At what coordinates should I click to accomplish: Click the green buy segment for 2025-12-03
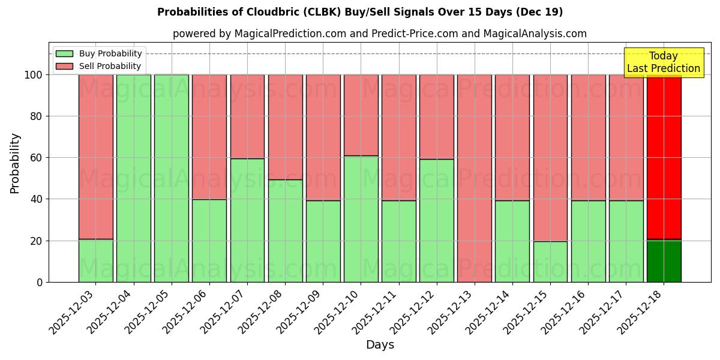point(95,260)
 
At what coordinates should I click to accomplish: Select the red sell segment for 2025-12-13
point(475,178)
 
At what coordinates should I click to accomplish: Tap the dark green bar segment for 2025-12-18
point(664,261)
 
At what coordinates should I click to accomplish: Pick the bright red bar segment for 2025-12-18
point(664,157)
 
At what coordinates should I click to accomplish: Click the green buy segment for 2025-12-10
point(361,219)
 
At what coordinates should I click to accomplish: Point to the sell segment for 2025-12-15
point(550,158)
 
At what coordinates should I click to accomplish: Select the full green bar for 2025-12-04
point(134,178)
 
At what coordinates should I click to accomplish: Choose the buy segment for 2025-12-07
point(247,220)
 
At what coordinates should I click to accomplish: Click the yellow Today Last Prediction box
point(664,62)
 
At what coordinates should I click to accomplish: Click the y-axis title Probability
point(15,163)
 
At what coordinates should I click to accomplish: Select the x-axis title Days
point(380,345)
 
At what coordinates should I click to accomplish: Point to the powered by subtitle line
point(380,34)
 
